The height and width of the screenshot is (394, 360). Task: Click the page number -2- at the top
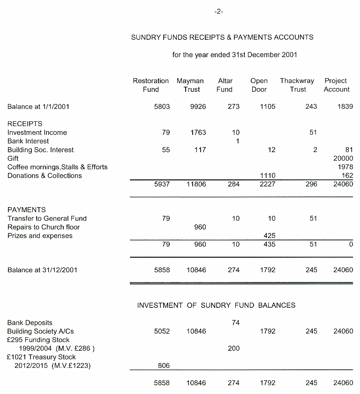[218, 12]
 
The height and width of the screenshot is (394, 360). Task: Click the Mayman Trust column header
[191, 85]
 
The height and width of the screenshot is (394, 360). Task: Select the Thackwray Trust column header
[297, 85]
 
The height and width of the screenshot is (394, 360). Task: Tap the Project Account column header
[336, 85]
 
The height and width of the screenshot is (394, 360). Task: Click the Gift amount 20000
[343, 158]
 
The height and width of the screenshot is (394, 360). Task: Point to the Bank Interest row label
[28, 141]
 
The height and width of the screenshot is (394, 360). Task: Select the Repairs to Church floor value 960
[200, 227]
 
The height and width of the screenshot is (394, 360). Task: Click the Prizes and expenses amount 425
[269, 236]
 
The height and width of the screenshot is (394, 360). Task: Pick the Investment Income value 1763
[198, 133]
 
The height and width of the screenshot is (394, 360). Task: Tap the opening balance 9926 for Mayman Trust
[198, 107]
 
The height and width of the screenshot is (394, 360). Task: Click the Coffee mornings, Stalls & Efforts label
[57, 167]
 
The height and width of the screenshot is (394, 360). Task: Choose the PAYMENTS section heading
[27, 210]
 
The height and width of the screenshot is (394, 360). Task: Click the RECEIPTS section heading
[25, 124]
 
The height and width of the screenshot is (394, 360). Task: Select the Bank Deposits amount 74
[235, 323]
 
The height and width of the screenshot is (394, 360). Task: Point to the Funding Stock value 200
[233, 349]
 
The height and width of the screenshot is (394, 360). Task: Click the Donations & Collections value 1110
[268, 176]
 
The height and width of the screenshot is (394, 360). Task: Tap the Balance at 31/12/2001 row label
[42, 270]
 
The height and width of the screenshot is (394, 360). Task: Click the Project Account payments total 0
[351, 244]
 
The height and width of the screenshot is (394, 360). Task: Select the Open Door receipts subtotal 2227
[268, 184]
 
